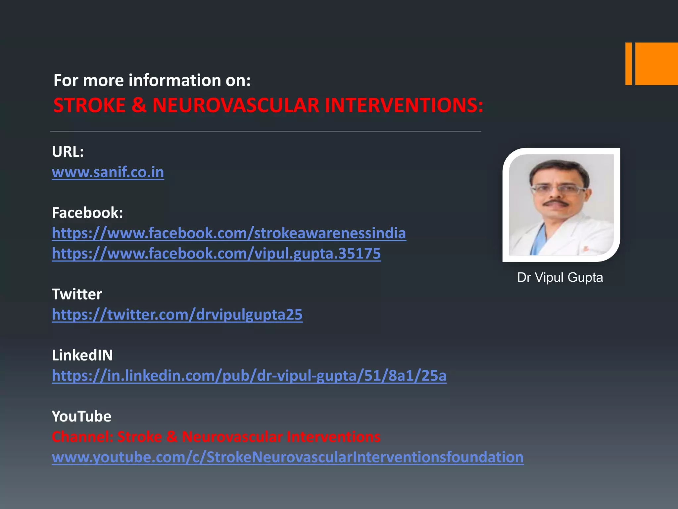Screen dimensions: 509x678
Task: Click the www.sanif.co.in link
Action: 108,172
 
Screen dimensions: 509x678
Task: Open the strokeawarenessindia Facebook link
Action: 229,233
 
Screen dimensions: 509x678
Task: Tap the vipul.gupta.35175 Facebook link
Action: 216,254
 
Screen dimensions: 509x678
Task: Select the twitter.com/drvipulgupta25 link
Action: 177,314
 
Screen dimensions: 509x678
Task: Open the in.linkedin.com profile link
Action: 249,376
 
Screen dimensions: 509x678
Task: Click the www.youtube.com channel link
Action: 287,457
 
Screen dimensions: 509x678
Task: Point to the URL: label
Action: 68,152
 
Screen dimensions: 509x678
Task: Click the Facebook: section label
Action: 87,213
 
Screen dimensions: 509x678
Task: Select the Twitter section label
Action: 77,294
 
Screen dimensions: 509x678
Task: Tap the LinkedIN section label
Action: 82,355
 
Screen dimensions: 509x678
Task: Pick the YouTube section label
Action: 81,417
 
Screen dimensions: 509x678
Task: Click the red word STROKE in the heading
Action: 89,105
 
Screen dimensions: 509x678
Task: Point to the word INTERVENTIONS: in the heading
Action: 404,105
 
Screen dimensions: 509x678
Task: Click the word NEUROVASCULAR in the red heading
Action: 235,105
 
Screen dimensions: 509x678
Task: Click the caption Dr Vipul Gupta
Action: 560,277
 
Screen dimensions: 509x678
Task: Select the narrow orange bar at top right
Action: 628,64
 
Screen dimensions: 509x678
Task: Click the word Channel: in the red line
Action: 82,437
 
